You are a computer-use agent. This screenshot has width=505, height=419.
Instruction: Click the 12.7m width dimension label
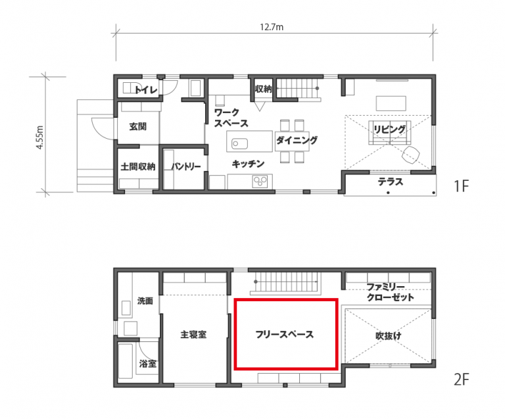click(x=272, y=27)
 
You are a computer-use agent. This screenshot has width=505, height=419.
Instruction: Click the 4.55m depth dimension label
click(x=39, y=137)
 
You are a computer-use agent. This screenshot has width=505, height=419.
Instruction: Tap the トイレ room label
click(x=146, y=89)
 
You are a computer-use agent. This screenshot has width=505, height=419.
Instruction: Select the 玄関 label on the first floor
click(x=138, y=126)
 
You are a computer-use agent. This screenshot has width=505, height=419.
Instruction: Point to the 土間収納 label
click(x=138, y=166)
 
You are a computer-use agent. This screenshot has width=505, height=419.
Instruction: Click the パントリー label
click(x=186, y=166)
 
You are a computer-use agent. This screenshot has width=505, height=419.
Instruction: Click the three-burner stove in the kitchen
click(x=260, y=182)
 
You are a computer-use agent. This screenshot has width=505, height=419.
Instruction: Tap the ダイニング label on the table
click(x=297, y=140)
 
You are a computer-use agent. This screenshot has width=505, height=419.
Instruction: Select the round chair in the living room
click(x=410, y=155)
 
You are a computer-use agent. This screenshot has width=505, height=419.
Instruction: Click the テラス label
click(x=391, y=182)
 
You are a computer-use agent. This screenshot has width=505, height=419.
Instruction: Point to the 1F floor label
click(x=461, y=186)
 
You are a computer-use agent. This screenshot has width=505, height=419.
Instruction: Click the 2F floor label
click(x=461, y=380)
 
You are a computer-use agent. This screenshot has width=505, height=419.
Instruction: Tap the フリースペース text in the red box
click(x=284, y=334)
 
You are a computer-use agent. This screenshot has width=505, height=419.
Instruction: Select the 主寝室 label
click(x=193, y=335)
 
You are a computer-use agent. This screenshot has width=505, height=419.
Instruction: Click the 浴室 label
click(x=148, y=364)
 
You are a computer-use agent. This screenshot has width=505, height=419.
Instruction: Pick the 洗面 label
click(x=145, y=301)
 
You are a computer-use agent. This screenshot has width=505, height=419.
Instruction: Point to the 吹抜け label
click(x=389, y=336)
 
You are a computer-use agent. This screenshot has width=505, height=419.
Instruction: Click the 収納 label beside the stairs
click(x=263, y=89)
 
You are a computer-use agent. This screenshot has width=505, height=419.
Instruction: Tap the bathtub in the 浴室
click(x=126, y=361)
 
